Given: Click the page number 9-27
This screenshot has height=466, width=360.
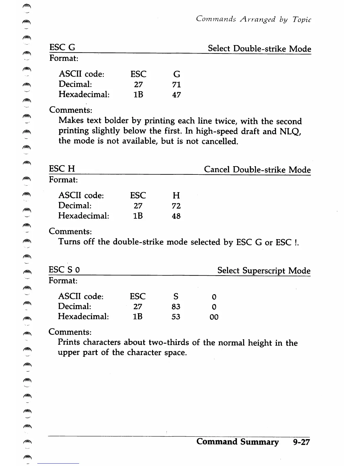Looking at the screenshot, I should [x=301, y=442].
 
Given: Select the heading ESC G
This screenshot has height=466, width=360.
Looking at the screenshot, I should [x=62, y=47].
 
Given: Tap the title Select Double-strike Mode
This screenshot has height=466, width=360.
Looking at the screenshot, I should [x=259, y=49].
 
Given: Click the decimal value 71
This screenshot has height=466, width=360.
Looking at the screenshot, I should [x=176, y=85].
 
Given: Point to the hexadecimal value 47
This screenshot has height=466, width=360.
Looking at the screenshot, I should [x=176, y=95].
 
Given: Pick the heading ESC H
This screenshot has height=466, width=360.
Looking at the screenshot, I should [x=62, y=169].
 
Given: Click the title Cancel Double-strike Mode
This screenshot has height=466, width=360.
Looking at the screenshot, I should [x=257, y=170].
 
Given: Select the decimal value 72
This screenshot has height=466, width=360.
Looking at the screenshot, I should [x=176, y=206].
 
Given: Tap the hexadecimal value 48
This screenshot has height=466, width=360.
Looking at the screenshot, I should [x=176, y=216].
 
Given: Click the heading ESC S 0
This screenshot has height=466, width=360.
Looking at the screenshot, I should [x=64, y=270].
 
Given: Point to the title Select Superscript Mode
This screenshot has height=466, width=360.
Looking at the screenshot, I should [x=264, y=271].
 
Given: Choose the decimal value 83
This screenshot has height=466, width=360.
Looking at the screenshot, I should [x=176, y=307].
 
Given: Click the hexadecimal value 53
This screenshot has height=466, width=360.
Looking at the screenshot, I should [x=176, y=317].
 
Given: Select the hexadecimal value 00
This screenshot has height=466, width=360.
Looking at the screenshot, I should [x=214, y=317].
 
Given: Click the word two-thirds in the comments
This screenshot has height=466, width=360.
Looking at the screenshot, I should [x=169, y=342].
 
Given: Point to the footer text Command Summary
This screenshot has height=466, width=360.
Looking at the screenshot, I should [x=237, y=442].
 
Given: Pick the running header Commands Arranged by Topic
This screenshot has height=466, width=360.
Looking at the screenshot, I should [x=254, y=19].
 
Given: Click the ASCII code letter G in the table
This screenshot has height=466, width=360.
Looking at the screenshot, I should [x=177, y=74].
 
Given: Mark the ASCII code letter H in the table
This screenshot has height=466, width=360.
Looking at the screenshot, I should [x=176, y=196].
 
